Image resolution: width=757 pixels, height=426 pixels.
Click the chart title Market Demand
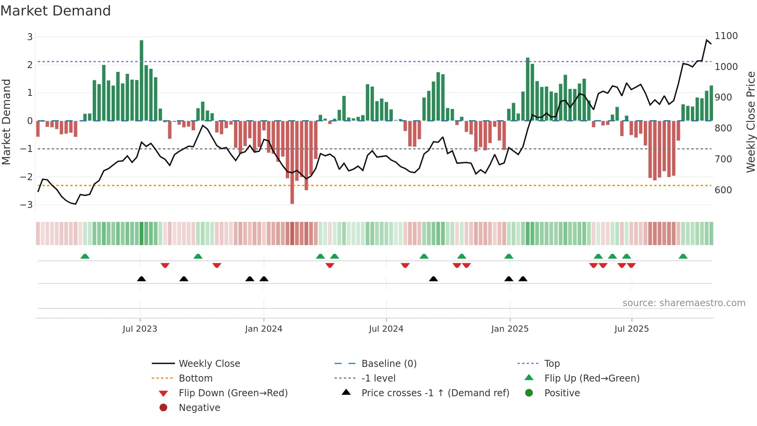pyautogui.click(x=56, y=11)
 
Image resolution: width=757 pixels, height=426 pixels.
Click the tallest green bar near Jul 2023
pyautogui.click(x=141, y=80)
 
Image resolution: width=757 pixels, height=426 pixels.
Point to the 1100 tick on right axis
pyautogui.click(x=726, y=36)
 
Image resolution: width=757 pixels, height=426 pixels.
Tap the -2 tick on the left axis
pyautogui.click(x=26, y=177)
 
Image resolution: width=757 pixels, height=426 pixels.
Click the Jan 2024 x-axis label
pyautogui.click(x=264, y=329)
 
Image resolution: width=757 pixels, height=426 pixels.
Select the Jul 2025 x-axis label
pyautogui.click(x=631, y=329)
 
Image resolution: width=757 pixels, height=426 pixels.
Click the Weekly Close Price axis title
pyautogui.click(x=750, y=122)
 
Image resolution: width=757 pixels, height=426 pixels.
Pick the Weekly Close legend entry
pyautogui.click(x=209, y=364)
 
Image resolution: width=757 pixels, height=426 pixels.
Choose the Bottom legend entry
pyautogui.click(x=195, y=378)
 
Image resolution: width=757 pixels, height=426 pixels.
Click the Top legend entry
pyautogui.click(x=552, y=364)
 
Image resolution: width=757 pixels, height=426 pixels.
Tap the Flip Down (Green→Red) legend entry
pyautogui.click(x=233, y=393)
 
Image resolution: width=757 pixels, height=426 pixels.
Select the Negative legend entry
pyautogui.click(x=199, y=408)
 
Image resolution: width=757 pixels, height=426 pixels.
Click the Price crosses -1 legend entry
pyautogui.click(x=435, y=393)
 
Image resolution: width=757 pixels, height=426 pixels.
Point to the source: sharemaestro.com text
pyautogui.click(x=684, y=303)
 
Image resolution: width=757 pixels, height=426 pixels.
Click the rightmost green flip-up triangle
pyautogui.click(x=683, y=256)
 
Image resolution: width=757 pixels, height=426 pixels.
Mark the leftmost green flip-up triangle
pyautogui.click(x=85, y=256)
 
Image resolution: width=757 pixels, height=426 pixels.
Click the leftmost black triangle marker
pyautogui.click(x=141, y=279)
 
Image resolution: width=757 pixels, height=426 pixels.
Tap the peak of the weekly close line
pyautogui.click(x=707, y=40)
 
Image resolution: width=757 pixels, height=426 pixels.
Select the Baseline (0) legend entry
pyautogui.click(x=389, y=364)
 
